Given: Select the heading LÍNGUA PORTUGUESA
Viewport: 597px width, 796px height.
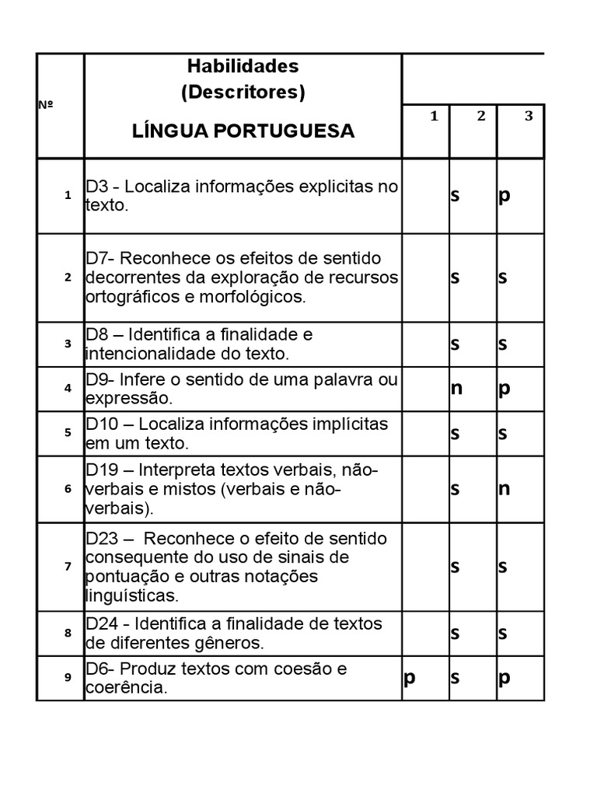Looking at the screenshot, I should [243, 131].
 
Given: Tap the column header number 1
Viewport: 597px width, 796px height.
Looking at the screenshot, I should [435, 116].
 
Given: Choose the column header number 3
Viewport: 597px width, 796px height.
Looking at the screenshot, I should [529, 116].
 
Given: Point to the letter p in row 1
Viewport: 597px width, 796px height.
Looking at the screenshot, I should [504, 195].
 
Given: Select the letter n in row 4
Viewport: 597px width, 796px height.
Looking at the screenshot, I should [456, 388].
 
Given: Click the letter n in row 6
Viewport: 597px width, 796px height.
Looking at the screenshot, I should [504, 488].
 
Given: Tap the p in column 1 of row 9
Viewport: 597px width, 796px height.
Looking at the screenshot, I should [409, 678].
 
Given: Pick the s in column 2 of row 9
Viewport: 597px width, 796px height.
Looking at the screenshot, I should [456, 678].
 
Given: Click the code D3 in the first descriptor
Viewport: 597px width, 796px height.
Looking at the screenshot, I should [98, 187].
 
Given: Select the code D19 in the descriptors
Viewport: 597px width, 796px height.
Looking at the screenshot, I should [103, 470].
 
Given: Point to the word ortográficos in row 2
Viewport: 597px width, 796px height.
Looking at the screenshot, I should [127, 297].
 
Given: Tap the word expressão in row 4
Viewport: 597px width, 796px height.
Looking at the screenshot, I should [127, 399].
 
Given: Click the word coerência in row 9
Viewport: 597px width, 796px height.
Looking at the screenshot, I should [125, 688].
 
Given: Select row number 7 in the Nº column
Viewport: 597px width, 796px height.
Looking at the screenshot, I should [68, 566].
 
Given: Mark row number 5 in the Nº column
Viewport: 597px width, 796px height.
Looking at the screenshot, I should [68, 432].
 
